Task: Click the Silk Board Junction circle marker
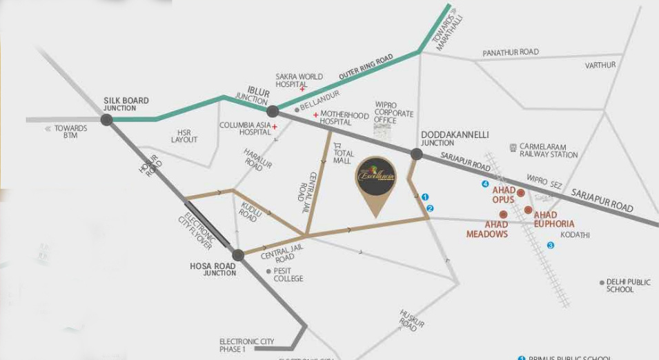point(106,119)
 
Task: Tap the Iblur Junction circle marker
point(273,111)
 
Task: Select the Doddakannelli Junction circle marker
point(416,154)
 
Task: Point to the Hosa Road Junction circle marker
point(238,255)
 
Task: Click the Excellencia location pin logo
point(375,177)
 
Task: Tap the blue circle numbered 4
point(485,184)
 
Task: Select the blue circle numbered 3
point(550,245)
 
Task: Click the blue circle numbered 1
point(425,197)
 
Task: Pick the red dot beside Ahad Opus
point(521,192)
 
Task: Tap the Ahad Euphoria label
point(554,219)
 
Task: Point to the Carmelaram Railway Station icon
point(513,147)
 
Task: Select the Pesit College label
point(288,274)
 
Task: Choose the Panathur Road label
point(511,52)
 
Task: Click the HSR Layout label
point(184,136)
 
